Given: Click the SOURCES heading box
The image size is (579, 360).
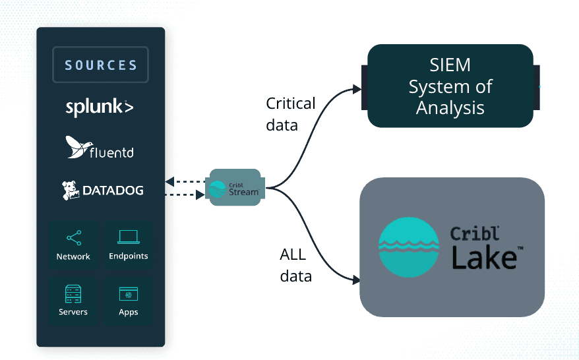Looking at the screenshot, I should pos(101,65).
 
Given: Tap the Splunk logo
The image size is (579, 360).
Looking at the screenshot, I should pos(100,107).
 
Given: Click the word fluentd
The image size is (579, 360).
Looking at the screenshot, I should pos(112,153).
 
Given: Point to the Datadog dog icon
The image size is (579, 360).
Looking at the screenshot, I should pos(71,190).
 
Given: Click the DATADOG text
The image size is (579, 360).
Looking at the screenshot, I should pos(113,191).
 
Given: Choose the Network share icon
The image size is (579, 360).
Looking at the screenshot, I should pos(73,238).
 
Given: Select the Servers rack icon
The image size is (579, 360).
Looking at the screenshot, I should pos(73,293).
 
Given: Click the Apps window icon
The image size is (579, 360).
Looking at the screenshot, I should pos(128,293).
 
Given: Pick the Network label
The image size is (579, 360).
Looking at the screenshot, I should pos(73,256).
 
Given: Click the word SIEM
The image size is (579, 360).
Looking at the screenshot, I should pos(450,65).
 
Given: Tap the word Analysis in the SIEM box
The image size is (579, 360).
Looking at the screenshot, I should pos(450,107).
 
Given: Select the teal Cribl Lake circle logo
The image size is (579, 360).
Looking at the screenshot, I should pos(409,247).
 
